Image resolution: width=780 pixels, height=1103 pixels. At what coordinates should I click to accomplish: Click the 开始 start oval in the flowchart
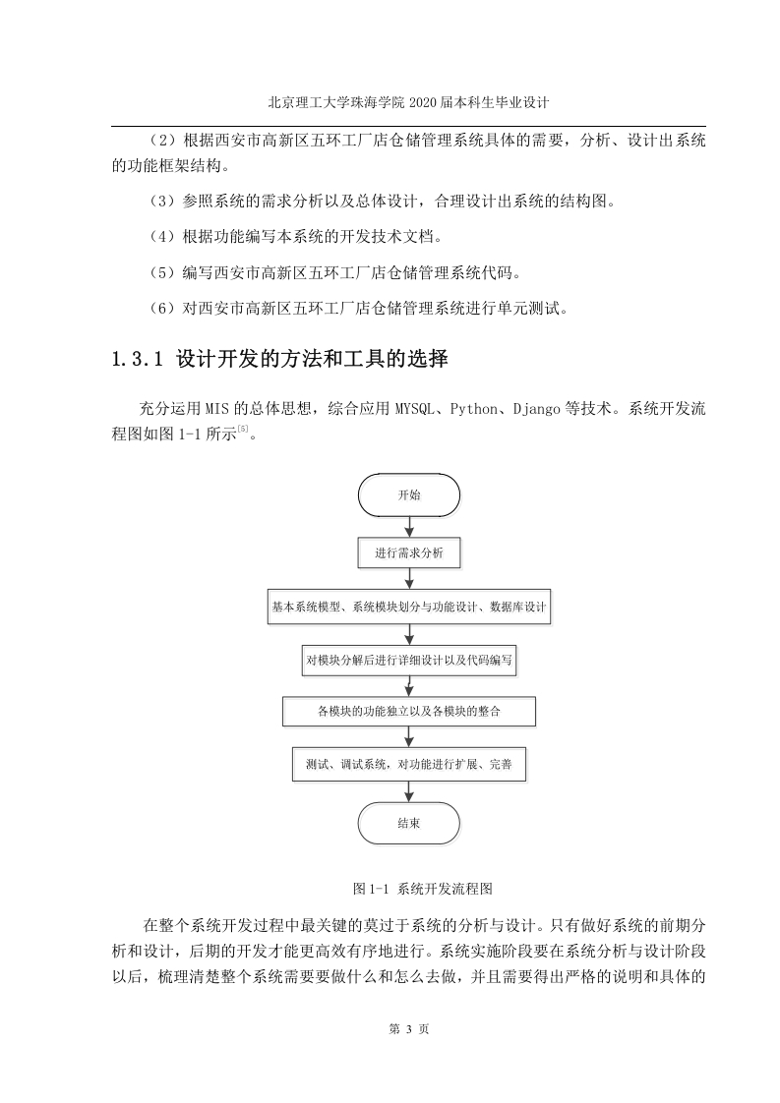409,495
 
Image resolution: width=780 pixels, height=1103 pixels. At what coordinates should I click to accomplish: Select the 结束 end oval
409,823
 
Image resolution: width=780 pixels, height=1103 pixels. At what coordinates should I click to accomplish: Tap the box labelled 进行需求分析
409,552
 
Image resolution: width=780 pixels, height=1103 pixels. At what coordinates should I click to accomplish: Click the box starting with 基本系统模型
409,607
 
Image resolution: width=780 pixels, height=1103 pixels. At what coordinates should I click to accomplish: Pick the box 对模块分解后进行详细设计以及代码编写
409,660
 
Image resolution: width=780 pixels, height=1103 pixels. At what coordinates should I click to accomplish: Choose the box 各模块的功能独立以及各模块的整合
409,711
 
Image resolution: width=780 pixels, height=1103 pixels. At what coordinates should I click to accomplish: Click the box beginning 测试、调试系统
409,764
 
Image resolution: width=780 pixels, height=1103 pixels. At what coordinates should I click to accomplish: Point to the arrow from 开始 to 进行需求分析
409,528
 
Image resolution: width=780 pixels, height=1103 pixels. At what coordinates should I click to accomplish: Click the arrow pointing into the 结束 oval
409,791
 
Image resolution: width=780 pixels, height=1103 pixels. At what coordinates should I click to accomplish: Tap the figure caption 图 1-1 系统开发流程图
422,889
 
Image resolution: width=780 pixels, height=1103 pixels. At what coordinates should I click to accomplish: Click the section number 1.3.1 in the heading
138,360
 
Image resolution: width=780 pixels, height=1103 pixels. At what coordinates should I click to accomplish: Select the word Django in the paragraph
536,409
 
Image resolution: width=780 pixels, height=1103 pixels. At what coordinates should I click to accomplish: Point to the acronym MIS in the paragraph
216,409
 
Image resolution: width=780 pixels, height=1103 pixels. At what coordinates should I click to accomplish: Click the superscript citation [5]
243,429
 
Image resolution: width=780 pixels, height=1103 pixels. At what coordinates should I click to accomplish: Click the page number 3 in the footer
409,1029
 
